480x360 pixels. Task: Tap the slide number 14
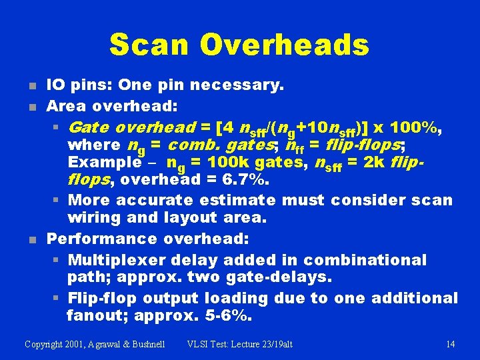coord(450,344)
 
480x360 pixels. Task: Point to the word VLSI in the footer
coord(199,344)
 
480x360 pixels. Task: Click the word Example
coord(100,162)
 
